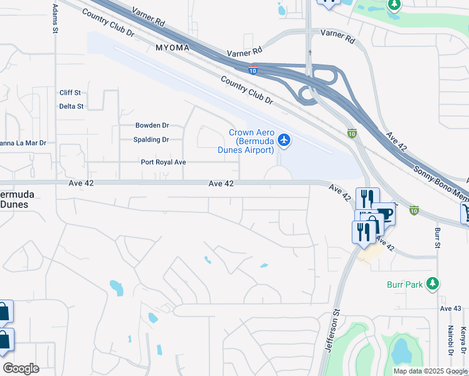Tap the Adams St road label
coord(55,18)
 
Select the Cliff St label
coord(70,93)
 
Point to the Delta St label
coord(71,107)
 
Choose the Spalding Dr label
coord(151,140)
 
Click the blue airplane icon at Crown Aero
coord(284,140)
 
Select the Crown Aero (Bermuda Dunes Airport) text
coord(251,141)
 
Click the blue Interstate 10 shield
coord(253,71)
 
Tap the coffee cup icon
coord(384,215)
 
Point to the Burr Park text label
coord(404,284)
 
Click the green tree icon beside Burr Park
coord(432,284)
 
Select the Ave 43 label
coord(450,308)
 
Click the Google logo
coord(21,368)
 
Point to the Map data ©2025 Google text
coord(429,371)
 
